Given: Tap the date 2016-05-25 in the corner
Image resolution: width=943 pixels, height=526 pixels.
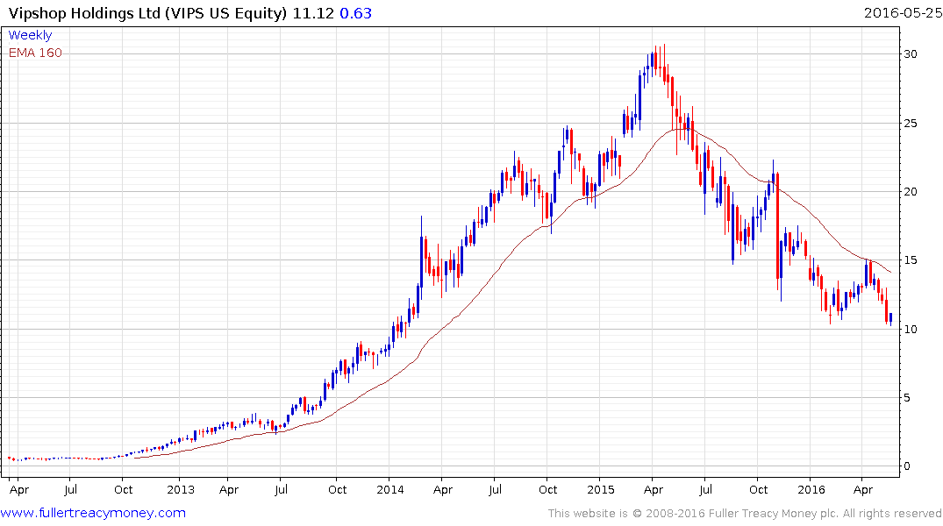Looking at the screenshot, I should tap(901, 13).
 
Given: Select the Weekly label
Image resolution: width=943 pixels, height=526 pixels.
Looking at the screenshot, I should tap(30, 35).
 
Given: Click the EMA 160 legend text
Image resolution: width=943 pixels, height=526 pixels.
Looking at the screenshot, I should tap(36, 53).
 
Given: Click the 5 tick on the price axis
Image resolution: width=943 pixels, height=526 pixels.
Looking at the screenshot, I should tap(913, 398).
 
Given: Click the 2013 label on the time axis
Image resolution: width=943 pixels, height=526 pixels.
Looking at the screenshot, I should tap(180, 489).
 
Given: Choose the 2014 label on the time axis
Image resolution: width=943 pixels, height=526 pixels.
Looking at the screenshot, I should tap(389, 489).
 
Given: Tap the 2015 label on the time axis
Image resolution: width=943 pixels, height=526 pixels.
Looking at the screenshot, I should tap(600, 489).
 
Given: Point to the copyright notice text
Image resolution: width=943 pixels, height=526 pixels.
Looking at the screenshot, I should tap(745, 514).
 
